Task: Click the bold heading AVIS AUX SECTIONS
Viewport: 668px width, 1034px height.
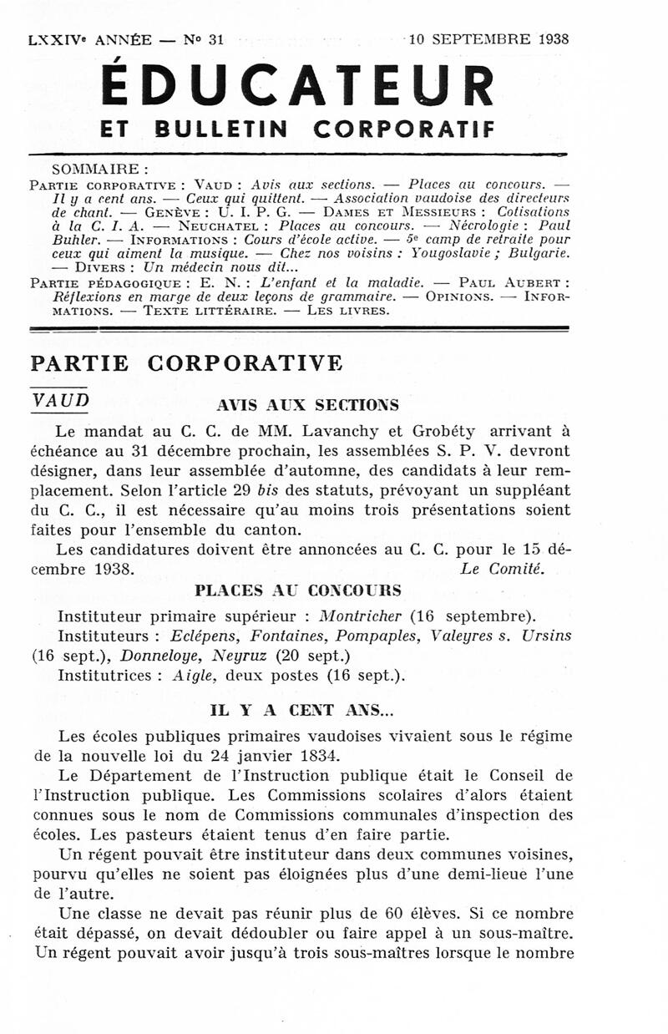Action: click(307, 405)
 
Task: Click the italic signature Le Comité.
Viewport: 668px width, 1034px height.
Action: click(502, 570)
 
